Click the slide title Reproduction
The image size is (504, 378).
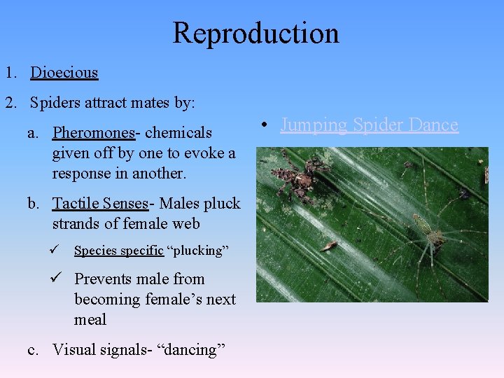[255, 33]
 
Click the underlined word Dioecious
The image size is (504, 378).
[64, 72]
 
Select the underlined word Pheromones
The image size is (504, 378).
[93, 132]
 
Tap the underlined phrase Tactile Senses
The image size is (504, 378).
[100, 204]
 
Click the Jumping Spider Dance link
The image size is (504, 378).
[369, 125]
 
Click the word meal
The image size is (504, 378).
[90, 320]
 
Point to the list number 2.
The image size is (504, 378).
[10, 103]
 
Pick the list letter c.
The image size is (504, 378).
[34, 349]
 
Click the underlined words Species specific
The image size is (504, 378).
[118, 251]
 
